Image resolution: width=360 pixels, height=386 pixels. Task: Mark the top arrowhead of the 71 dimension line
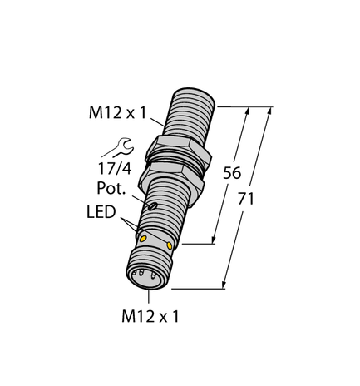tap(268, 111)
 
